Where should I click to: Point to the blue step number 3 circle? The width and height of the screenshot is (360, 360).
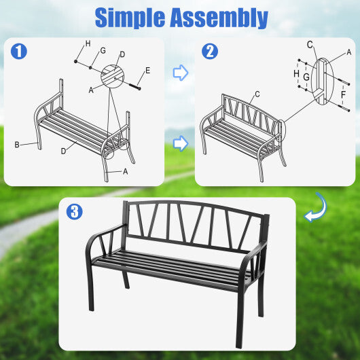click(x=74, y=211)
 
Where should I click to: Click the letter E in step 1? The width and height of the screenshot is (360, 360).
click(x=147, y=71)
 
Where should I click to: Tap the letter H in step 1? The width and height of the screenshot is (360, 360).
click(x=88, y=44)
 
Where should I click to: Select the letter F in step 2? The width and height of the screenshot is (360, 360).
click(x=343, y=94)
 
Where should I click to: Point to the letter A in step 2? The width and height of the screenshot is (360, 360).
click(x=349, y=52)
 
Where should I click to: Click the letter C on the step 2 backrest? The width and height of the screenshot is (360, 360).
click(x=257, y=94)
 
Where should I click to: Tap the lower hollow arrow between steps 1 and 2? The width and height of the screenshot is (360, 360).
click(x=180, y=143)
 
